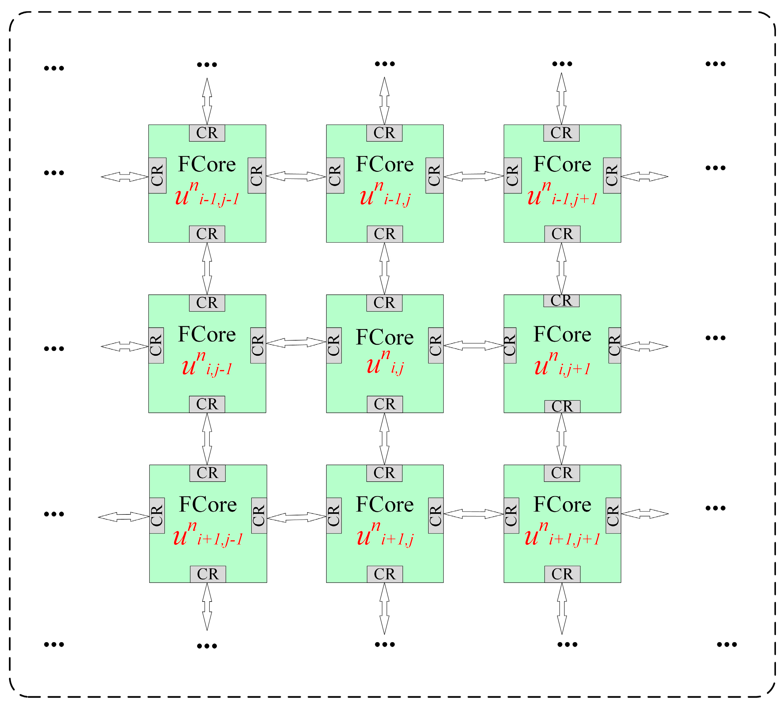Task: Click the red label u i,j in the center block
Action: (385, 363)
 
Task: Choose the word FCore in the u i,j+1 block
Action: (562, 334)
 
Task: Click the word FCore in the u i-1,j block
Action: (385, 164)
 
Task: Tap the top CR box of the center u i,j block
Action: (384, 303)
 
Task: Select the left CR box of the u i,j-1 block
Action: (156, 345)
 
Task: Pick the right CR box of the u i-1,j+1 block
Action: (611, 175)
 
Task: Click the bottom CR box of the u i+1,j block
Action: (385, 574)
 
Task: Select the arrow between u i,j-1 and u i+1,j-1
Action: (207, 439)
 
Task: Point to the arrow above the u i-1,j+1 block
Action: (561, 99)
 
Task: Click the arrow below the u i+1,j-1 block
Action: (207, 607)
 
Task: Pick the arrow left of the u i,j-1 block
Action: (124, 346)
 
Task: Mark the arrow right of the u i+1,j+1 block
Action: (645, 514)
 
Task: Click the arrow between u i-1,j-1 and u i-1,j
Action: (296, 176)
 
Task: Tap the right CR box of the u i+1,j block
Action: (435, 515)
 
